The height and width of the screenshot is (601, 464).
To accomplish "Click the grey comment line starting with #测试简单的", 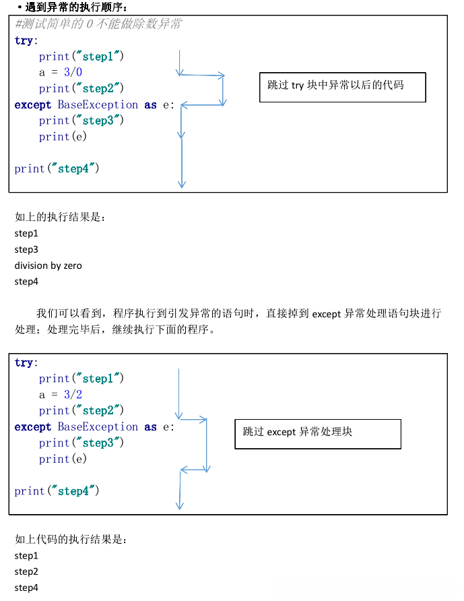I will pos(98,24).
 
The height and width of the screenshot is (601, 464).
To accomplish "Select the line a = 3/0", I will pos(61,73).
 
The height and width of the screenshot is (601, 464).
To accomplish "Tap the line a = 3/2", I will pos(61,395).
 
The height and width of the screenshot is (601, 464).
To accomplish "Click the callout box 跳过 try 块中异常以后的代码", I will pos(342,87).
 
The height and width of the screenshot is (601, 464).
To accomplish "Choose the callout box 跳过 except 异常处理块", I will pos(317,433).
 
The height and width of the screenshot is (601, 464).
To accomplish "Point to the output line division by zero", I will pos(48,265).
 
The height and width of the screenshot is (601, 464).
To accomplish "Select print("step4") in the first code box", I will pos(57,169).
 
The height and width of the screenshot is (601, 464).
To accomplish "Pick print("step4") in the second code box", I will pos(57,491).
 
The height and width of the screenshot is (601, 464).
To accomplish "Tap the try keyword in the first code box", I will pos(24,40).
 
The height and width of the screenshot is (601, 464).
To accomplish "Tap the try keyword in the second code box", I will pos(24,363).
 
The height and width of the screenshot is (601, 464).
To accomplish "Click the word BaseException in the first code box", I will pos(98,105).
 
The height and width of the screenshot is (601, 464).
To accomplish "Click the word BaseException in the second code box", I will pos(98,427).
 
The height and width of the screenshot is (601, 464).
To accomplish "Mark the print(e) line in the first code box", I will pos(63,137).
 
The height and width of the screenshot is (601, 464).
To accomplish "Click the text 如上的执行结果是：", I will pos(61,217).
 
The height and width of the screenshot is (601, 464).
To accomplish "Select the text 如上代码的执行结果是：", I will pos(71,540).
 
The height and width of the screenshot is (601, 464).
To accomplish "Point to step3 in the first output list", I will pos(26,249).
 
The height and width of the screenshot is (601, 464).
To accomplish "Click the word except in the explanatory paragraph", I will pos(327,314).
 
